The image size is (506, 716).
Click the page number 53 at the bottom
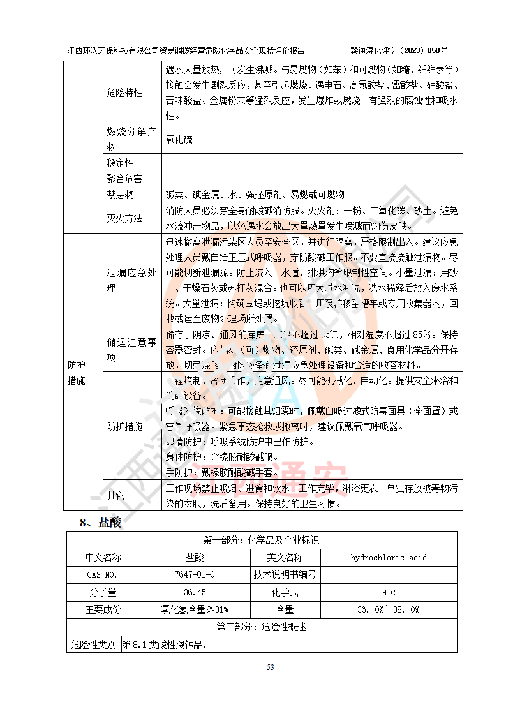pos(270,668)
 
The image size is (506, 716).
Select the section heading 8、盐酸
pos(100,523)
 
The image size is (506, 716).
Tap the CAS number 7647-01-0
pos(195,574)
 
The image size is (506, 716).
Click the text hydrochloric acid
pos(388,557)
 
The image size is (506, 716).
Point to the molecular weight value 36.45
pos(195,592)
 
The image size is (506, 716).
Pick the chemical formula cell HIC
pos(388,592)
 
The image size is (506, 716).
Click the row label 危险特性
pos(124,93)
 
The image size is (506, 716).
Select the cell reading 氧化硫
pos(179,138)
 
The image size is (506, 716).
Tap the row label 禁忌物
pos(120,195)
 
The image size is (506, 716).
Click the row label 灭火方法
pos(124,218)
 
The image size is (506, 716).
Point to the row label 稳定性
pos(120,163)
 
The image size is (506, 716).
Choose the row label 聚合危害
pos(124,179)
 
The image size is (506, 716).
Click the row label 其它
pos(115,495)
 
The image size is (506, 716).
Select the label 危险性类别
pos(94,645)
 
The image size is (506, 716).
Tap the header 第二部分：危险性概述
pos(262,627)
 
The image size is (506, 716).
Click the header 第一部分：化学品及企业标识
pos(262,540)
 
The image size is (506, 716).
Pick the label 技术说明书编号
pos(285,574)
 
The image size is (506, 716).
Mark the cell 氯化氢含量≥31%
pos(195,609)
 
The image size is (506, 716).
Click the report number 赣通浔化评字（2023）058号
pos(399,50)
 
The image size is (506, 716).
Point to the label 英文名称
pos(285,557)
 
